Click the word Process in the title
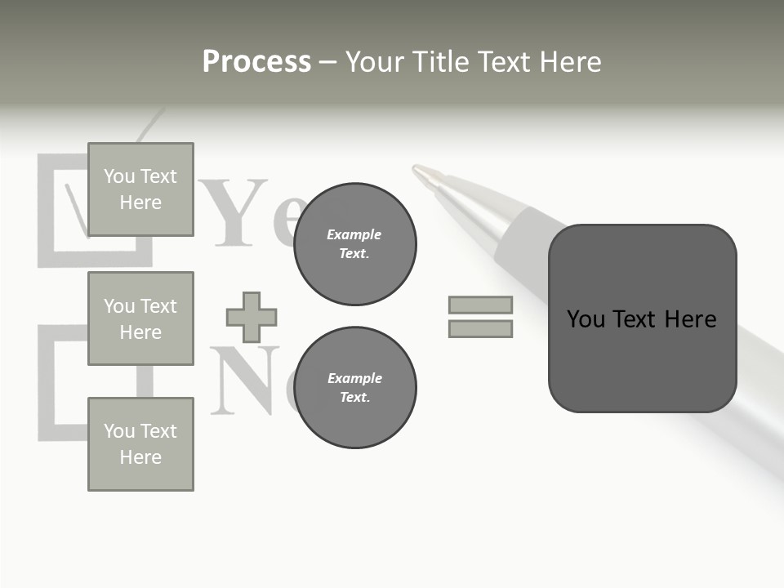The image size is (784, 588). coord(256,62)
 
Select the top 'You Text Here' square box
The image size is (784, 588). coord(140,189)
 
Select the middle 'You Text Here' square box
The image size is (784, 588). coord(140,318)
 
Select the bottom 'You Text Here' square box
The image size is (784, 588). coord(140,444)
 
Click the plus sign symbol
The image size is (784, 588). coord(252,317)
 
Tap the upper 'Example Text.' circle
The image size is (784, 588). coord(354,243)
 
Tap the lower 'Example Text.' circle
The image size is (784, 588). coord(354,387)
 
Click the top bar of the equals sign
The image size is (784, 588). coord(480,305)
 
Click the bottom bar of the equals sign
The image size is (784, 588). coord(480,328)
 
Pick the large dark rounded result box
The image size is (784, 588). coord(642,318)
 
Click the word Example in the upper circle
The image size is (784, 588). coord(354,234)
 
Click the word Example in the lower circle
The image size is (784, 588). coord(354,378)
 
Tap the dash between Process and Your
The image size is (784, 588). coord(327,63)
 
